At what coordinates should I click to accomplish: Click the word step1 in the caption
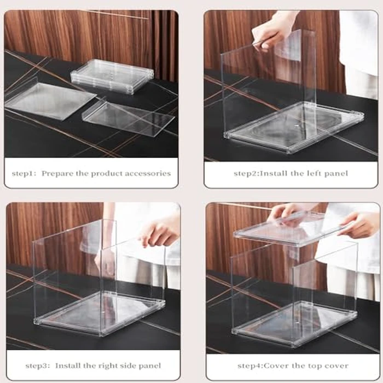24,173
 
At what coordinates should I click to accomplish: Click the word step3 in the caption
38,365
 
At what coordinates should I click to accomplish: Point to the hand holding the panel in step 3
158,232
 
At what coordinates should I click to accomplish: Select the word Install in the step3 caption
66,365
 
